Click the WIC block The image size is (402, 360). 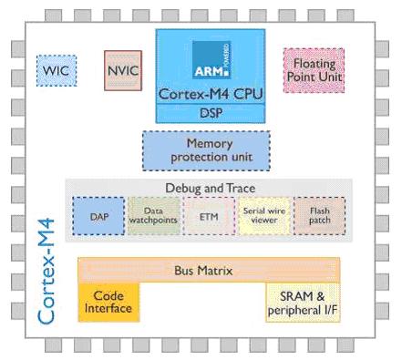coord(57,70)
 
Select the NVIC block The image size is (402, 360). coord(123,70)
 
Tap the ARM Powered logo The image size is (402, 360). coord(211,60)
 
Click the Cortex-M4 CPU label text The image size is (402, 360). coord(211,94)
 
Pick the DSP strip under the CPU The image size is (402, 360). coord(211,113)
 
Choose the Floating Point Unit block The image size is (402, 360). coord(314,70)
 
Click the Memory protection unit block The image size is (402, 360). coord(206,150)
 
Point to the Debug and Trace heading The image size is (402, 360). coord(211,188)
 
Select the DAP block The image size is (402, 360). coord(98,216)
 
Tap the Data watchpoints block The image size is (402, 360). coord(154,216)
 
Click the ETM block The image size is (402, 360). coord(209,216)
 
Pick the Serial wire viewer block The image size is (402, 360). coord(264,216)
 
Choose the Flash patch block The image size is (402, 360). coord(320,216)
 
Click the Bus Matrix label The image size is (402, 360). coord(203,271)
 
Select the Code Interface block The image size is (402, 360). coord(108,303)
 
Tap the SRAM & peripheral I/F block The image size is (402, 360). coord(303,303)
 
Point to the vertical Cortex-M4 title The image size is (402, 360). coord(46,272)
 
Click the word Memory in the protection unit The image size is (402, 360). coord(210,143)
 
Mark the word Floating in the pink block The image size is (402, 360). coord(314,64)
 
